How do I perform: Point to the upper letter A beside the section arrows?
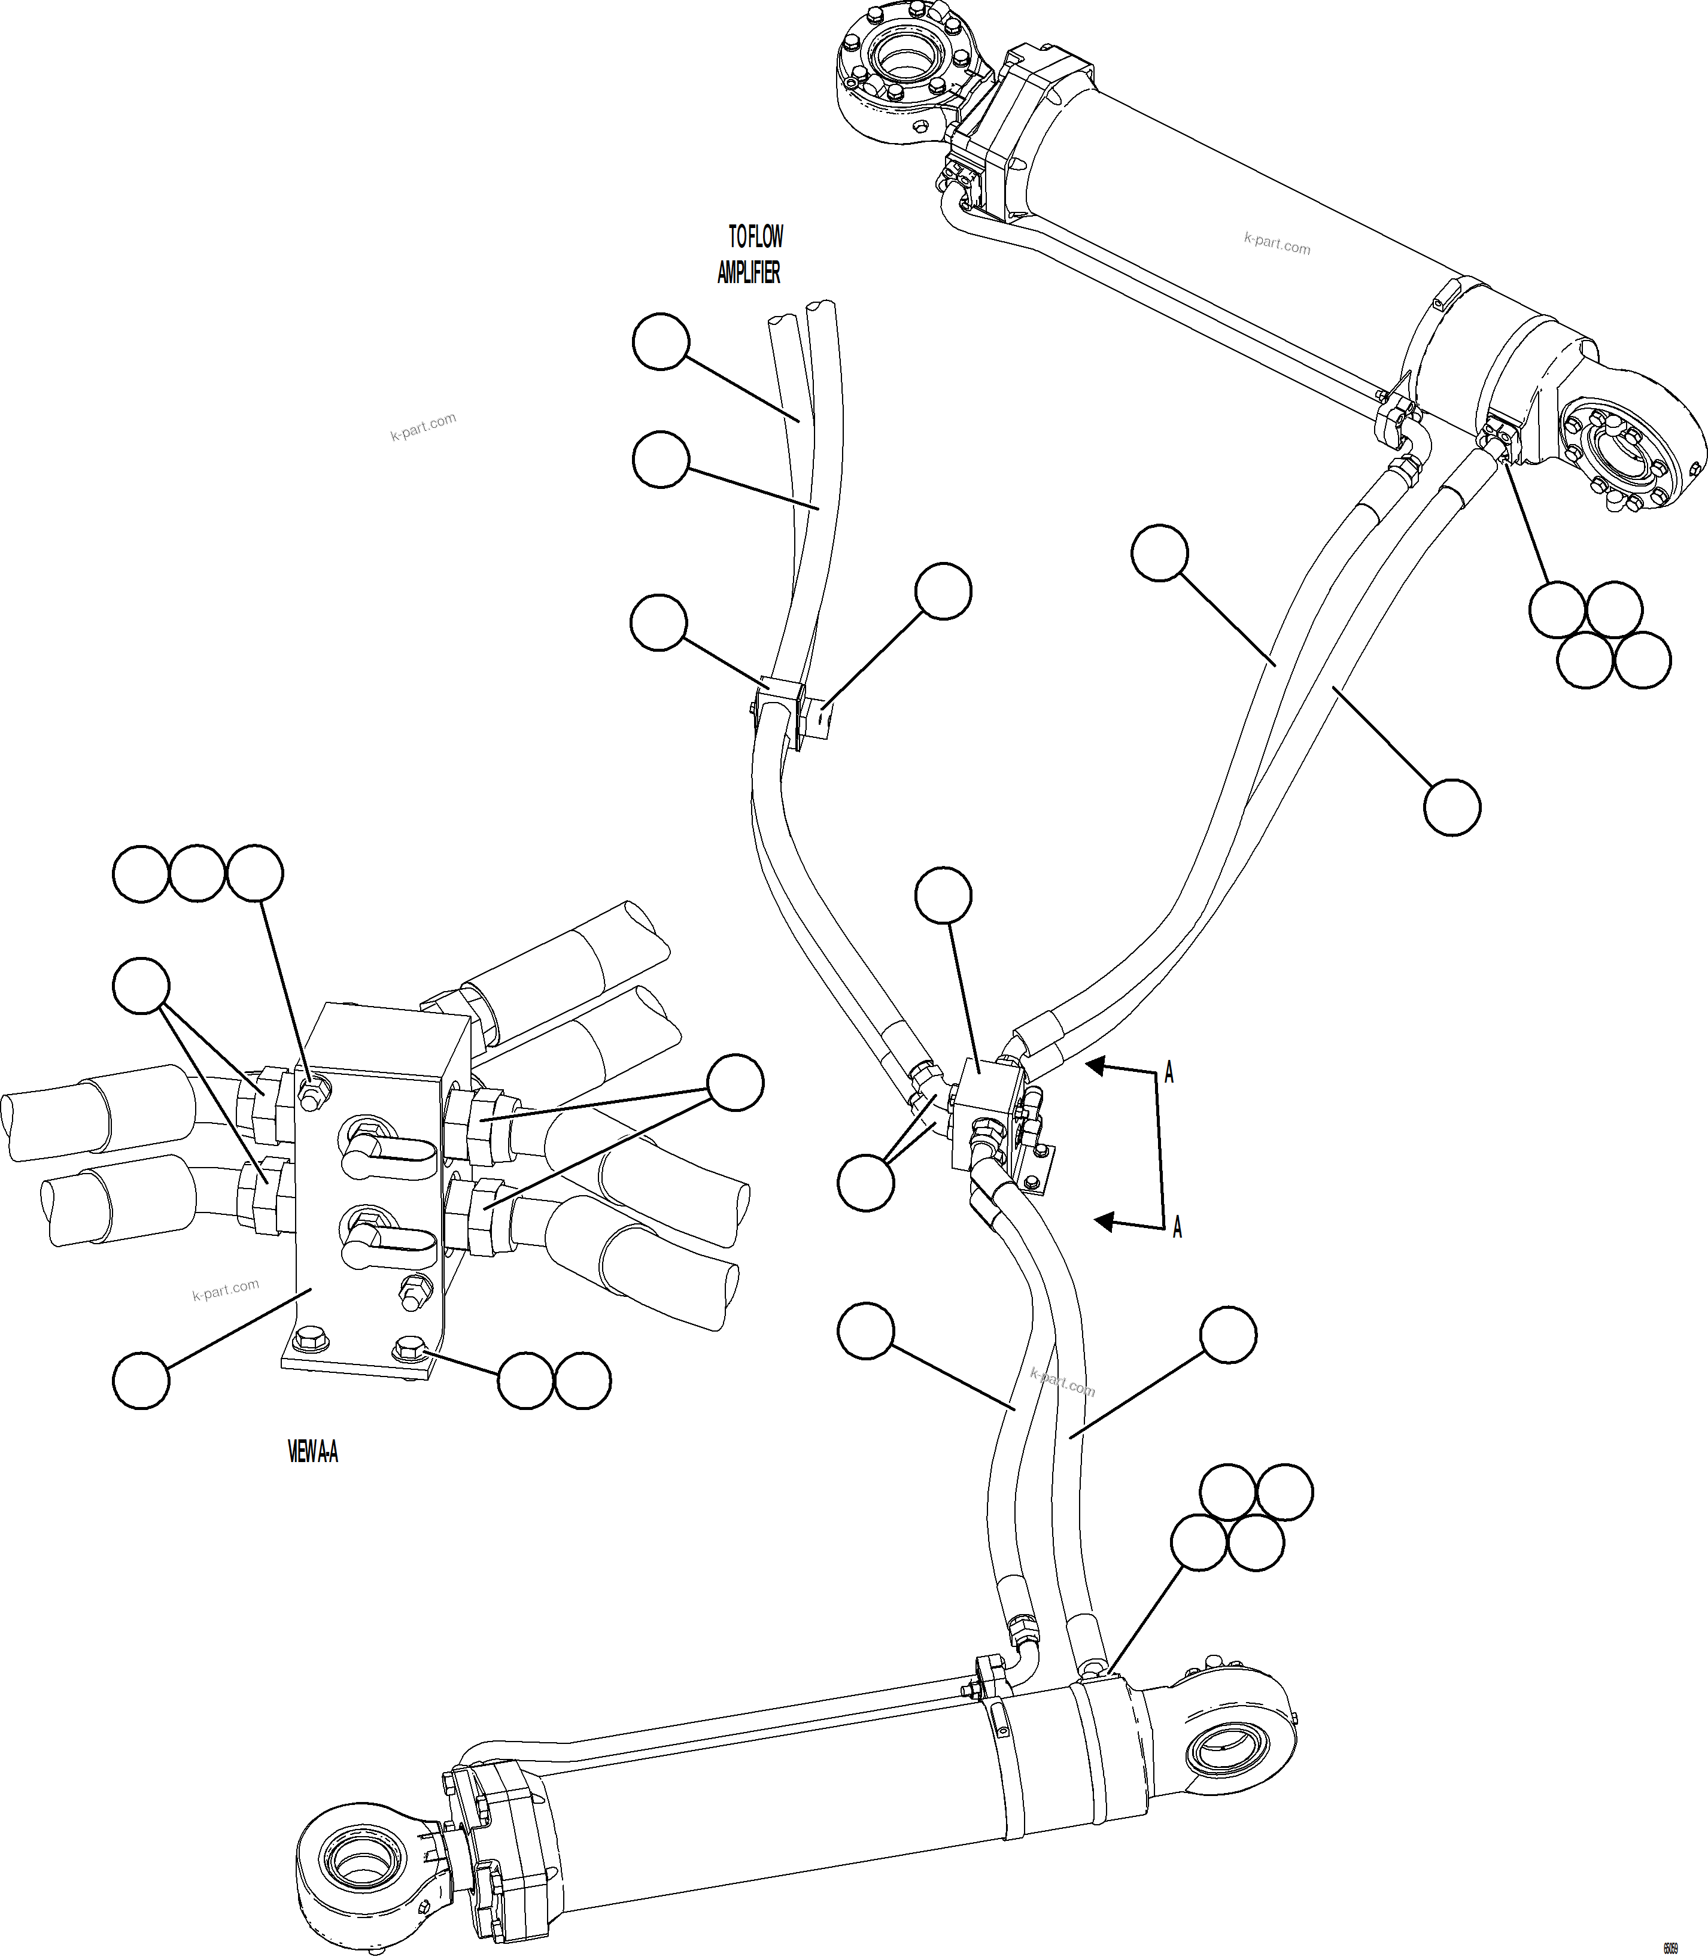point(1169,1073)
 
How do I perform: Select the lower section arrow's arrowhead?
point(1103,1221)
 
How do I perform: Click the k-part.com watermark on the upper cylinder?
point(1277,244)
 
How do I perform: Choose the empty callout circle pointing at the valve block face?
point(141,1379)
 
